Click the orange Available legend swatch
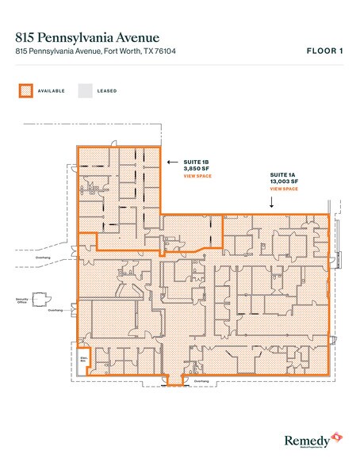click(x=25, y=91)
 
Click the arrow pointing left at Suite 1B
click(x=172, y=161)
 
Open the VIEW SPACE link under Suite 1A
click(x=283, y=190)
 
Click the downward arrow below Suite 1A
click(x=272, y=202)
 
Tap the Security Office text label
click(x=23, y=300)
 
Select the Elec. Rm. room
click(x=82, y=357)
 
